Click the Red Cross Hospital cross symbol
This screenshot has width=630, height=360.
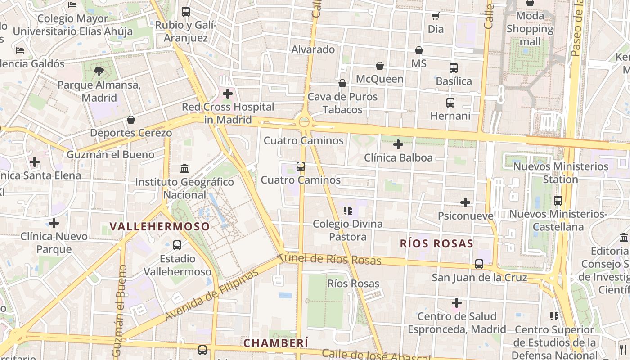point(228,94)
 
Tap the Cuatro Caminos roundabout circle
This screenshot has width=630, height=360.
point(304,121)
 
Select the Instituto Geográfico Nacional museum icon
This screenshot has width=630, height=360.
point(184,169)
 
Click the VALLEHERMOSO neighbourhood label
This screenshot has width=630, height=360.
point(160,226)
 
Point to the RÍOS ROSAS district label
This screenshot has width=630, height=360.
point(436,244)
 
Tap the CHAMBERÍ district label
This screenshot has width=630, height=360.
point(276,343)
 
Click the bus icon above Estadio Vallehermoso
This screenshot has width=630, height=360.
point(177,245)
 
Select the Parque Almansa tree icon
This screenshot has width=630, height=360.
point(99,71)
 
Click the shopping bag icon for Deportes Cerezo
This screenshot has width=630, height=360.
point(131,120)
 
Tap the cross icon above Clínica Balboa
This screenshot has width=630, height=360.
point(398,144)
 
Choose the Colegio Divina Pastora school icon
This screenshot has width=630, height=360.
point(347,210)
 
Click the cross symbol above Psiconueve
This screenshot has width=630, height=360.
point(465,202)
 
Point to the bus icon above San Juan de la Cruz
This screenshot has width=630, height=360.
point(479,264)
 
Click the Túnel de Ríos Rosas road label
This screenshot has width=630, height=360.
point(330,259)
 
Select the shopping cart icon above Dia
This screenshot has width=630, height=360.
point(435,16)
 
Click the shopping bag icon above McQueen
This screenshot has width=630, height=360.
point(380,66)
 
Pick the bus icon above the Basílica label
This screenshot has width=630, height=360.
point(454,68)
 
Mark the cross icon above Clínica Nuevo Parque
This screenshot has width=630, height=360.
point(54,223)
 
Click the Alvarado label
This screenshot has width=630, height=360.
point(313,49)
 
